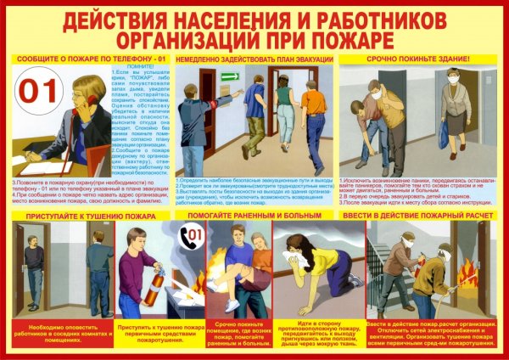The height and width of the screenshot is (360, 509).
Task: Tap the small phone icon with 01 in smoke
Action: tap(194, 233)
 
